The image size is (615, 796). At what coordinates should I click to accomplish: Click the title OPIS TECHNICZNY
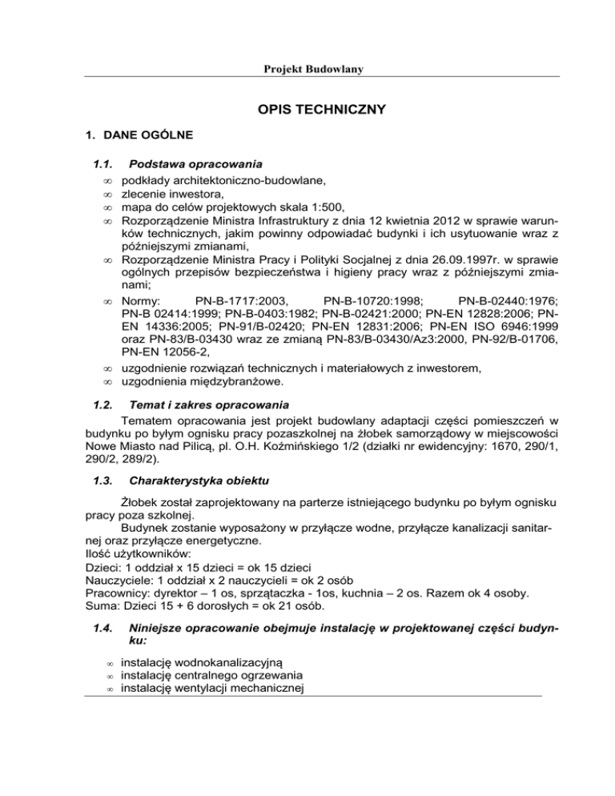[307, 108]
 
